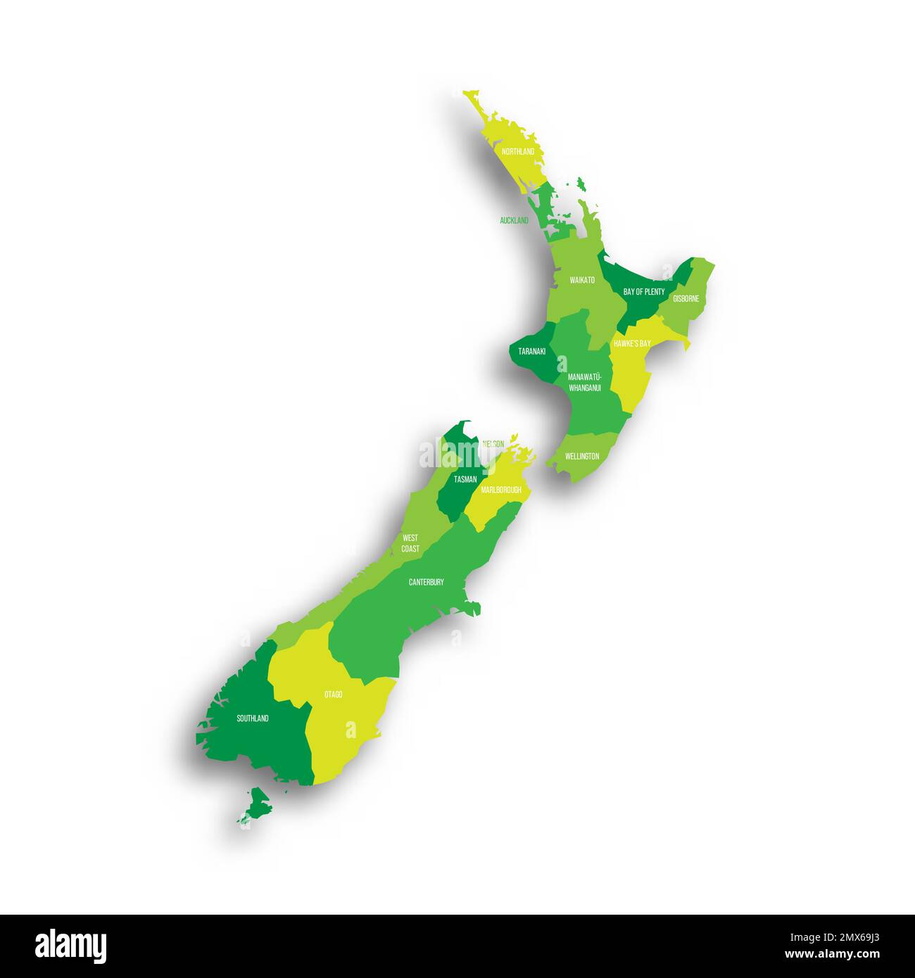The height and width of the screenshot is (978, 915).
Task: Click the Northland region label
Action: (517, 151)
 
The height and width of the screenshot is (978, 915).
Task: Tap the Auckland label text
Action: (514, 220)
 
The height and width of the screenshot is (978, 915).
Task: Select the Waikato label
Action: (582, 280)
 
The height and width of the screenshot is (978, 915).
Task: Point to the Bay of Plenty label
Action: (643, 291)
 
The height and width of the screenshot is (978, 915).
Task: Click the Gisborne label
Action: (686, 298)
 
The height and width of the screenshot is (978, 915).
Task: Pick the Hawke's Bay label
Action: (631, 343)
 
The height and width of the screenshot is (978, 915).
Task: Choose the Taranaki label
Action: (531, 350)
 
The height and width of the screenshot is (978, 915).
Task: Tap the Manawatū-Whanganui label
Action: (584, 383)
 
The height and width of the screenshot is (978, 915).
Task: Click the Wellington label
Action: (582, 456)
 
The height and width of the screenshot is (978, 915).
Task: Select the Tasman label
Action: (465, 479)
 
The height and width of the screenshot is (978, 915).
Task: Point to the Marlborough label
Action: (501, 490)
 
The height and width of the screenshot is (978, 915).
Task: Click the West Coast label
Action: (410, 543)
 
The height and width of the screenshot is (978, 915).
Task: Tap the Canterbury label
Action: (427, 582)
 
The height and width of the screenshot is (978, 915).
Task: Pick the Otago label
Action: (334, 694)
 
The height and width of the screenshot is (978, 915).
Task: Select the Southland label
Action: (253, 718)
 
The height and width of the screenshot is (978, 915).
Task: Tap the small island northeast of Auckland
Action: (581, 184)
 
